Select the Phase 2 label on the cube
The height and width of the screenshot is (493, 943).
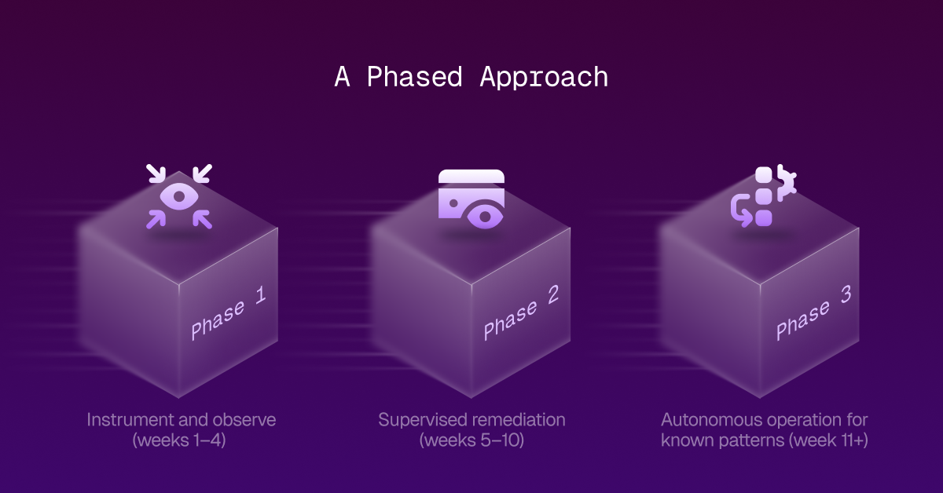(x=521, y=312)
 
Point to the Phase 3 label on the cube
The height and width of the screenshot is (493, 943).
(x=813, y=312)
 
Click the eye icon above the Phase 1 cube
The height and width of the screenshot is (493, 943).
(x=179, y=196)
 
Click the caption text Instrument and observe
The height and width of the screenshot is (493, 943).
(x=182, y=419)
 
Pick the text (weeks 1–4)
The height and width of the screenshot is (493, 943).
(x=182, y=440)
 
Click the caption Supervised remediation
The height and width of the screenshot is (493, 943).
(x=472, y=419)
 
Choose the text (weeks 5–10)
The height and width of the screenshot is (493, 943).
(x=472, y=440)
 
